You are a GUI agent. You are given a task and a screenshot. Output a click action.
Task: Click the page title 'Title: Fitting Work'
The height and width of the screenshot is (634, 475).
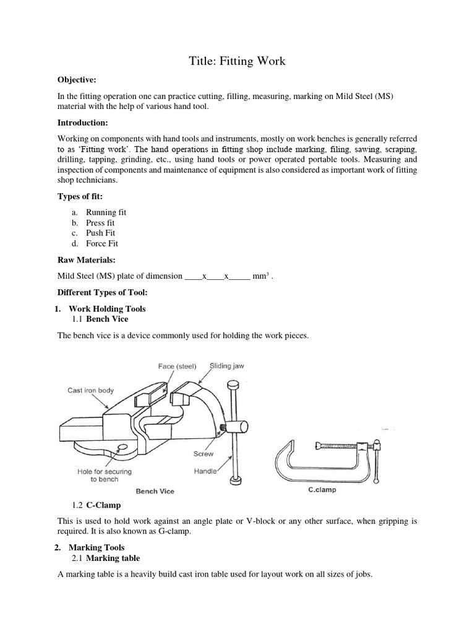pyautogui.click(x=237, y=61)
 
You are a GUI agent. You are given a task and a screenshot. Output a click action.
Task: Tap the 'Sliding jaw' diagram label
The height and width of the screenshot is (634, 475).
pyautogui.click(x=226, y=366)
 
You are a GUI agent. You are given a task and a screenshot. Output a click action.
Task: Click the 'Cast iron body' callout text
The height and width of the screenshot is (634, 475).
pyautogui.click(x=91, y=390)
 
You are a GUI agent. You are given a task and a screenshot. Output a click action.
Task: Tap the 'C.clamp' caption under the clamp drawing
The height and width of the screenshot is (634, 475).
pyautogui.click(x=322, y=489)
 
